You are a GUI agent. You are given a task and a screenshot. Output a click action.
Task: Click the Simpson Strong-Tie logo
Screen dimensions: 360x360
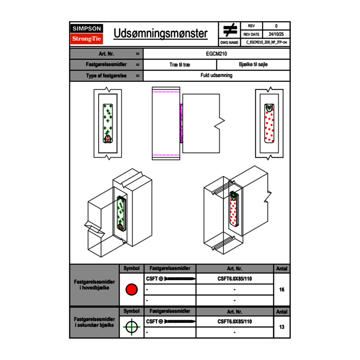87,34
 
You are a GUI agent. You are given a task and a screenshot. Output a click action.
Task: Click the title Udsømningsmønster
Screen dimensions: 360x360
160,34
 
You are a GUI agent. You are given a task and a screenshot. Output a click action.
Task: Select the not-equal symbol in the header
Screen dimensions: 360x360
230,30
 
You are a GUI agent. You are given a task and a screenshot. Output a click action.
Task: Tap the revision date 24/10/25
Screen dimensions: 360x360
276,34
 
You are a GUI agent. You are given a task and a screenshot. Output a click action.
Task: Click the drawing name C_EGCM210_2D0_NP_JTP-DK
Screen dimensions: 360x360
266,42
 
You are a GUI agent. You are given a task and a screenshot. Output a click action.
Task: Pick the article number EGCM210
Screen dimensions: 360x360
216,54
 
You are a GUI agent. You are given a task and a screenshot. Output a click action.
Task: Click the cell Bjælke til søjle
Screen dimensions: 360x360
253,65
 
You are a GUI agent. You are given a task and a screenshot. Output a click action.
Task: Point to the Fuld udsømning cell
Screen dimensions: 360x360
216,76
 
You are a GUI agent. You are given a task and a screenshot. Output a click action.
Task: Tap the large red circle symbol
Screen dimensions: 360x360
131,290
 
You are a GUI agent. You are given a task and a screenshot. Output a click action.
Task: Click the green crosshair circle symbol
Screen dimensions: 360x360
131,327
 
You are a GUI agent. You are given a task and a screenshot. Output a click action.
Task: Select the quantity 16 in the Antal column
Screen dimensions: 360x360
281,290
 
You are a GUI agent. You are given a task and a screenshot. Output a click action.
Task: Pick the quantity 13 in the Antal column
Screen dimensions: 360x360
281,327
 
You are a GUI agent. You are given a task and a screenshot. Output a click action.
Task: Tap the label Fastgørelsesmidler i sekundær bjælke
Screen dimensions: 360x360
94,322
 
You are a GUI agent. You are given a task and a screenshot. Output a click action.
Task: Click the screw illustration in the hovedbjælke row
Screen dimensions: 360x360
179,279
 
